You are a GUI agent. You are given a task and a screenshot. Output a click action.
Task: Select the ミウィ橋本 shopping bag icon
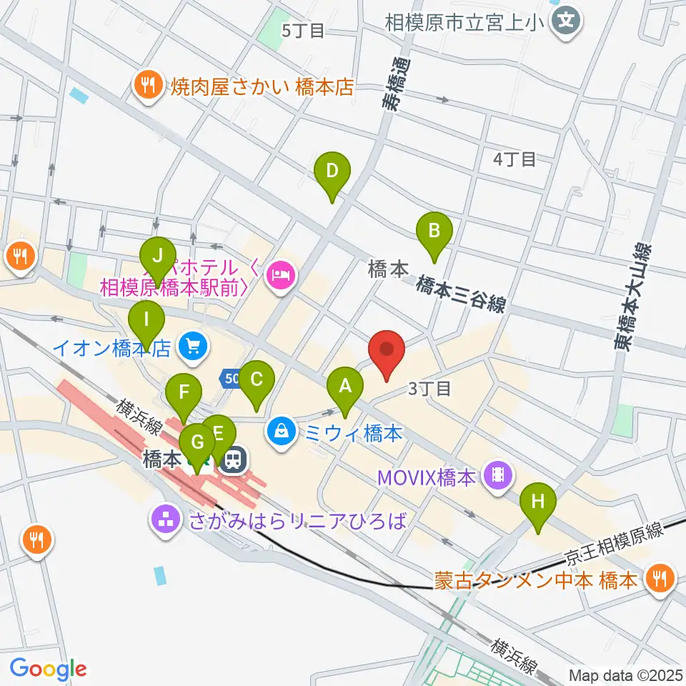click(283, 432)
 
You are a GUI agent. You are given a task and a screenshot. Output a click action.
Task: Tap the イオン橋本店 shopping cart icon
click(192, 348)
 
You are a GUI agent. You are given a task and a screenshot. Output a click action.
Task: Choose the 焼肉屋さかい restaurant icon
click(148, 87)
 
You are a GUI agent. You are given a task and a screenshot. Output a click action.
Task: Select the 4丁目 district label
click(514, 159)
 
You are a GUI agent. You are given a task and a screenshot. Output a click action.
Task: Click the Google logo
click(48, 668)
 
